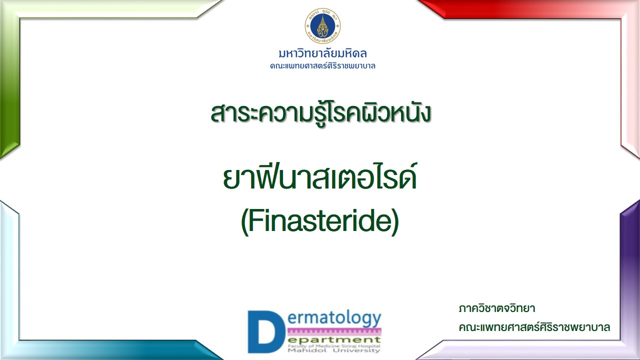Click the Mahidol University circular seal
click(x=322, y=26)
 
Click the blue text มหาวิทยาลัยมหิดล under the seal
click(x=322, y=53)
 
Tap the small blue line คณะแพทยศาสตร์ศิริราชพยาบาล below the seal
click(x=322, y=66)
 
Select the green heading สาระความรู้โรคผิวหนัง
click(x=320, y=113)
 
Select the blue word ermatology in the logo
click(x=334, y=318)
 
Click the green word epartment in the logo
click(x=334, y=340)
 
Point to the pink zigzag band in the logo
click(x=334, y=331)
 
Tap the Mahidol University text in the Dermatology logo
click(x=334, y=350)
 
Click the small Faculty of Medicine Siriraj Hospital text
click(x=334, y=346)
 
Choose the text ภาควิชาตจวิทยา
click(x=497, y=309)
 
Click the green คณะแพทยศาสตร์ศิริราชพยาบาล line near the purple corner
click(x=534, y=327)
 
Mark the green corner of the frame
click(x=10, y=80)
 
